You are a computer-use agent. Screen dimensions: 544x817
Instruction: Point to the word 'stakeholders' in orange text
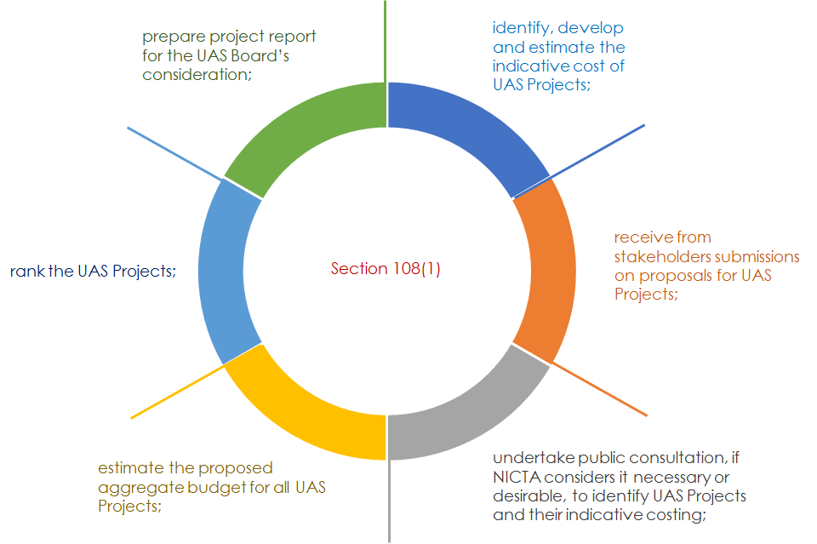[x=658, y=256]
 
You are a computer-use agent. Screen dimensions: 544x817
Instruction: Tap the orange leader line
[x=600, y=389]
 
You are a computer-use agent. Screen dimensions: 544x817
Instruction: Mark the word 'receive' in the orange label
[x=639, y=237]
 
